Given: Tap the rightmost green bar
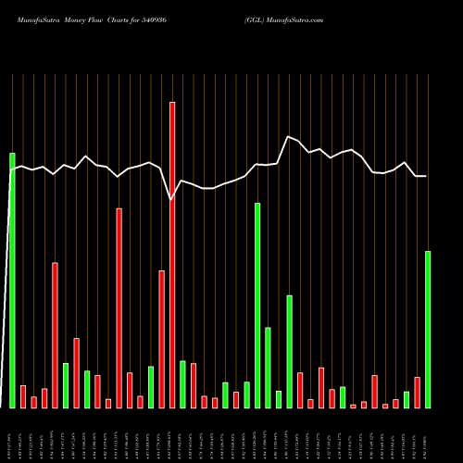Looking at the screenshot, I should coord(428,329).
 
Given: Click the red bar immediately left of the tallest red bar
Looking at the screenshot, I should coord(161,339).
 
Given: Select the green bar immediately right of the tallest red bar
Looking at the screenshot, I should coord(182,384).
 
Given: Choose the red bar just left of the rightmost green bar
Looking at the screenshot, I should coord(418,392).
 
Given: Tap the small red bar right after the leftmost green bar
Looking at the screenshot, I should coord(23,396).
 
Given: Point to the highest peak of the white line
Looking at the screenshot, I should coord(289,137).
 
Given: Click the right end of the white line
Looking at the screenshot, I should coord(426,176).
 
